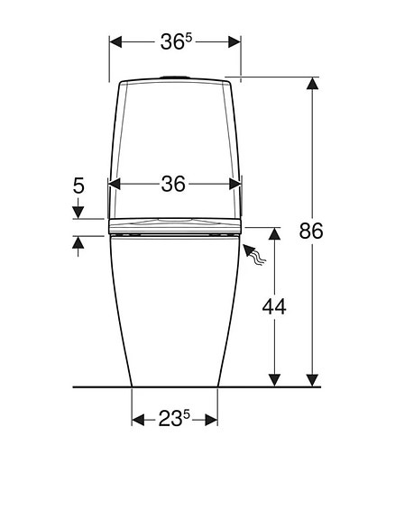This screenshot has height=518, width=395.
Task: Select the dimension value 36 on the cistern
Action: pyautogui.click(x=174, y=184)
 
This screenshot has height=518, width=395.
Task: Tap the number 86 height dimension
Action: pyautogui.click(x=311, y=231)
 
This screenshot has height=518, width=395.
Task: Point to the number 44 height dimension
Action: pyautogui.click(x=274, y=306)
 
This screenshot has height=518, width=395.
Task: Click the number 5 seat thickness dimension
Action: pyautogui.click(x=78, y=186)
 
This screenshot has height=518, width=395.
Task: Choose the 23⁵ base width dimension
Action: pyautogui.click(x=174, y=419)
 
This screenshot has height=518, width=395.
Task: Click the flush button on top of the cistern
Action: pyautogui.click(x=174, y=76)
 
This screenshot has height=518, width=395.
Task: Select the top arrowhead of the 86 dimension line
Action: pyautogui.click(x=312, y=84)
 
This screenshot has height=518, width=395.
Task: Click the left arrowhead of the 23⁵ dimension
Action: pyautogui.click(x=138, y=420)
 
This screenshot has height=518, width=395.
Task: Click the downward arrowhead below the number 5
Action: pyautogui.click(x=78, y=214)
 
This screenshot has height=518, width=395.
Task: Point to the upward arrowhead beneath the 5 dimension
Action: pyautogui.click(x=78, y=241)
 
